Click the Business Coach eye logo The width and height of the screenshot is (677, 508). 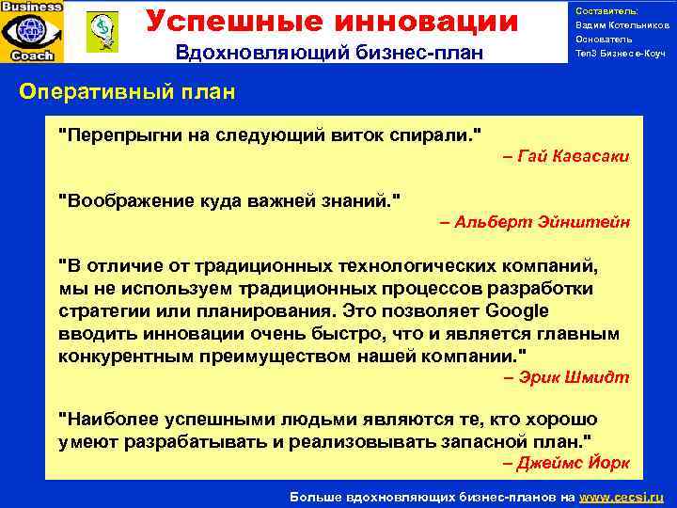coord(32,31)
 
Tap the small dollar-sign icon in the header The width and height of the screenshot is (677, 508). coord(97,30)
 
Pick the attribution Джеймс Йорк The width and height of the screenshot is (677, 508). coord(567,463)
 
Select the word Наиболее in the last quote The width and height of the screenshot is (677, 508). coord(105,419)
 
